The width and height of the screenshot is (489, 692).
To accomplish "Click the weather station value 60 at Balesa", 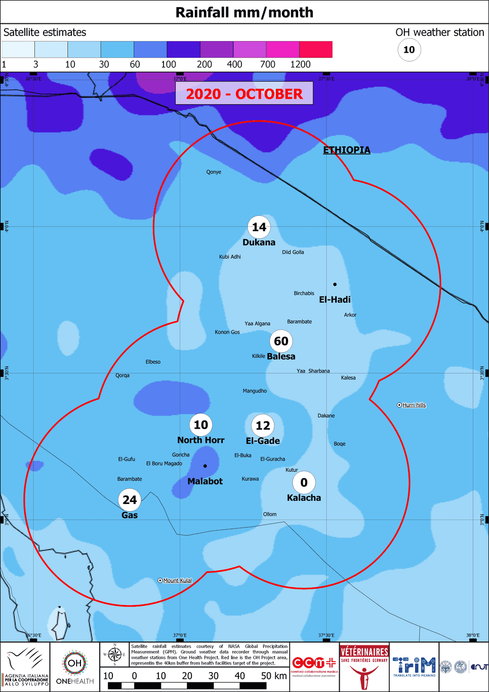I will (281, 341).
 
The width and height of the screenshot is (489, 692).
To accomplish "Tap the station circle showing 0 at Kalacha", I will (304, 483).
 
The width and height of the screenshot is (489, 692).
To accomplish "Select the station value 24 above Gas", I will (130, 500).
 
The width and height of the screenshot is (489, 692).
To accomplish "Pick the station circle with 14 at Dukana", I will (259, 227).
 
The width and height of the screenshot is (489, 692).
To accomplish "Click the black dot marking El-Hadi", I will (335, 284).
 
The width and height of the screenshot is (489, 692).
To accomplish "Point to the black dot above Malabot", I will (205, 466).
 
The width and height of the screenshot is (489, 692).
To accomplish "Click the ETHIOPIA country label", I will (347, 150).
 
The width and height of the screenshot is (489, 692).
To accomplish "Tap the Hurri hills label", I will (414, 405).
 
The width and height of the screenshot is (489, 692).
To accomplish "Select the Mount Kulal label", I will (177, 581).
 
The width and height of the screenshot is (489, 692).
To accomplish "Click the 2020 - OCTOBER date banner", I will (244, 94).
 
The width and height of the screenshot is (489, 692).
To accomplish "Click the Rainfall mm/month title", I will (244, 12).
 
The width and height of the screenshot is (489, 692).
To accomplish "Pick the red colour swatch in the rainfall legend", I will (316, 50).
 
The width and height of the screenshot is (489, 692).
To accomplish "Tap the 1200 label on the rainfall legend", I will (300, 64).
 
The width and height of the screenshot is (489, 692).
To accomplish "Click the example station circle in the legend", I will (409, 50).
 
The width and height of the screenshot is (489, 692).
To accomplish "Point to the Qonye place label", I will (214, 172).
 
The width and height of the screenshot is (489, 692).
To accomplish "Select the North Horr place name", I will (200, 440).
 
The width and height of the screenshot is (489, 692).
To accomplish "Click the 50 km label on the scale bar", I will (274, 676).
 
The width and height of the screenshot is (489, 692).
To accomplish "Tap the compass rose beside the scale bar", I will (115, 655).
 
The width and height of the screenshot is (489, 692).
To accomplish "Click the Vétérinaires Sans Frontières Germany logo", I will (364, 667).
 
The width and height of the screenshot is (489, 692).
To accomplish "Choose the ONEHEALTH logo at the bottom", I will (75, 667).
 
